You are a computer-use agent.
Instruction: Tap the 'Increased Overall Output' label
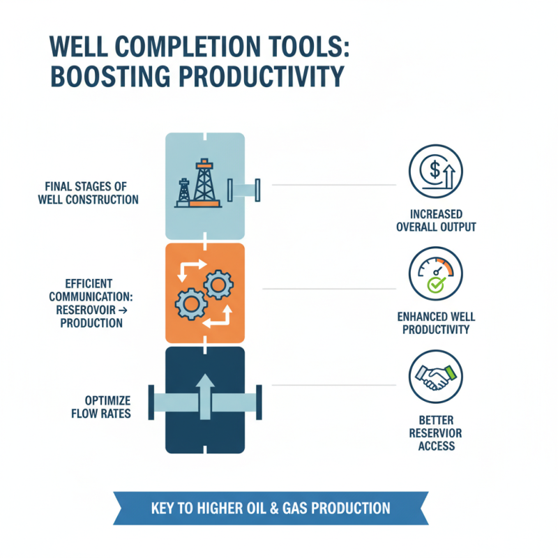(435, 220)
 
